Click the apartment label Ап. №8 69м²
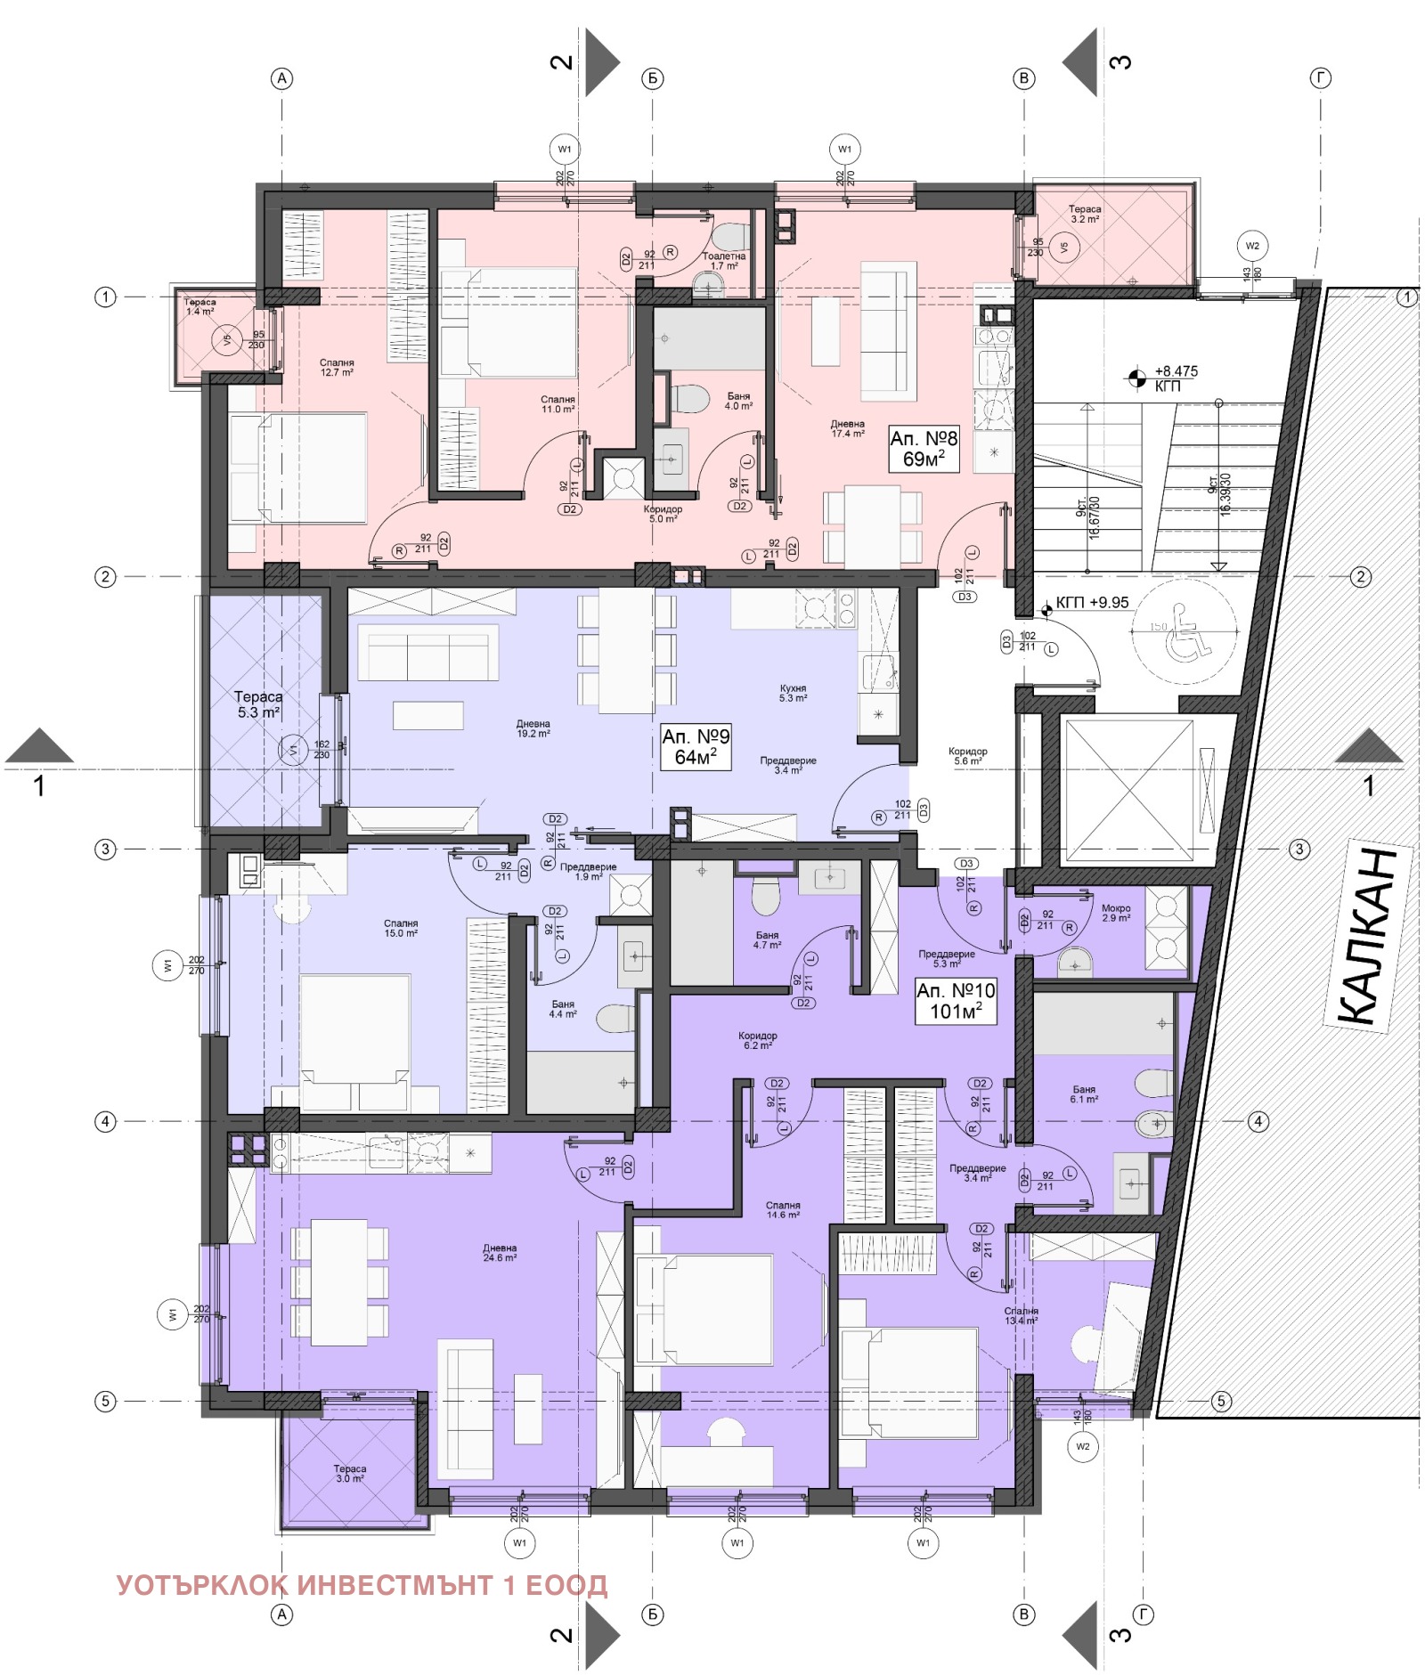coord(924,448)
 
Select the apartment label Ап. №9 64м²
coord(696,746)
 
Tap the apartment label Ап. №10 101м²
coord(956,1000)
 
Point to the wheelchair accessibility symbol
coord(1184,631)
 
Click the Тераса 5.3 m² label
coord(258,704)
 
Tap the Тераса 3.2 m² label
coord(1084,214)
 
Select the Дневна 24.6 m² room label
coord(500,1253)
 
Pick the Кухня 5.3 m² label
coord(793,693)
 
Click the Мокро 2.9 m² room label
coord(1116,913)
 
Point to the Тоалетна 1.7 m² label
coord(723,260)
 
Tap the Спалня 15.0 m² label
coord(401,928)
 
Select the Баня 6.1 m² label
coord(1084,1094)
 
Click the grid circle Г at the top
coord(1320,78)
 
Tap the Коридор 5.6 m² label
coord(967,756)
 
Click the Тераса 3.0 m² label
coord(350,1473)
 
